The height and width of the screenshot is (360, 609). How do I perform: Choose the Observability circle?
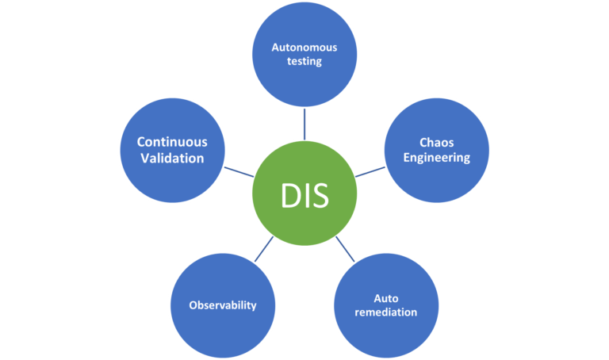tap(223, 305)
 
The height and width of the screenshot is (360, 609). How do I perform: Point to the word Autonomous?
tap(304, 47)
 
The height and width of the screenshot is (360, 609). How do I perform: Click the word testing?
tap(304, 61)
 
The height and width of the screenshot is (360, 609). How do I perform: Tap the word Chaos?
tap(435, 143)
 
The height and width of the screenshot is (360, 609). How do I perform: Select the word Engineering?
tap(435, 157)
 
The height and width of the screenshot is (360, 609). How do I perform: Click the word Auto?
tap(385, 298)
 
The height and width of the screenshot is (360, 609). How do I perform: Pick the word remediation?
tap(385, 312)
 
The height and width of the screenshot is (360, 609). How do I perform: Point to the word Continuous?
tap(172, 142)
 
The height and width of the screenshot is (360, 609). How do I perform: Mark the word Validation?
tap(172, 158)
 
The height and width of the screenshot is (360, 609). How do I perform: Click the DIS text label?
tap(304, 195)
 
